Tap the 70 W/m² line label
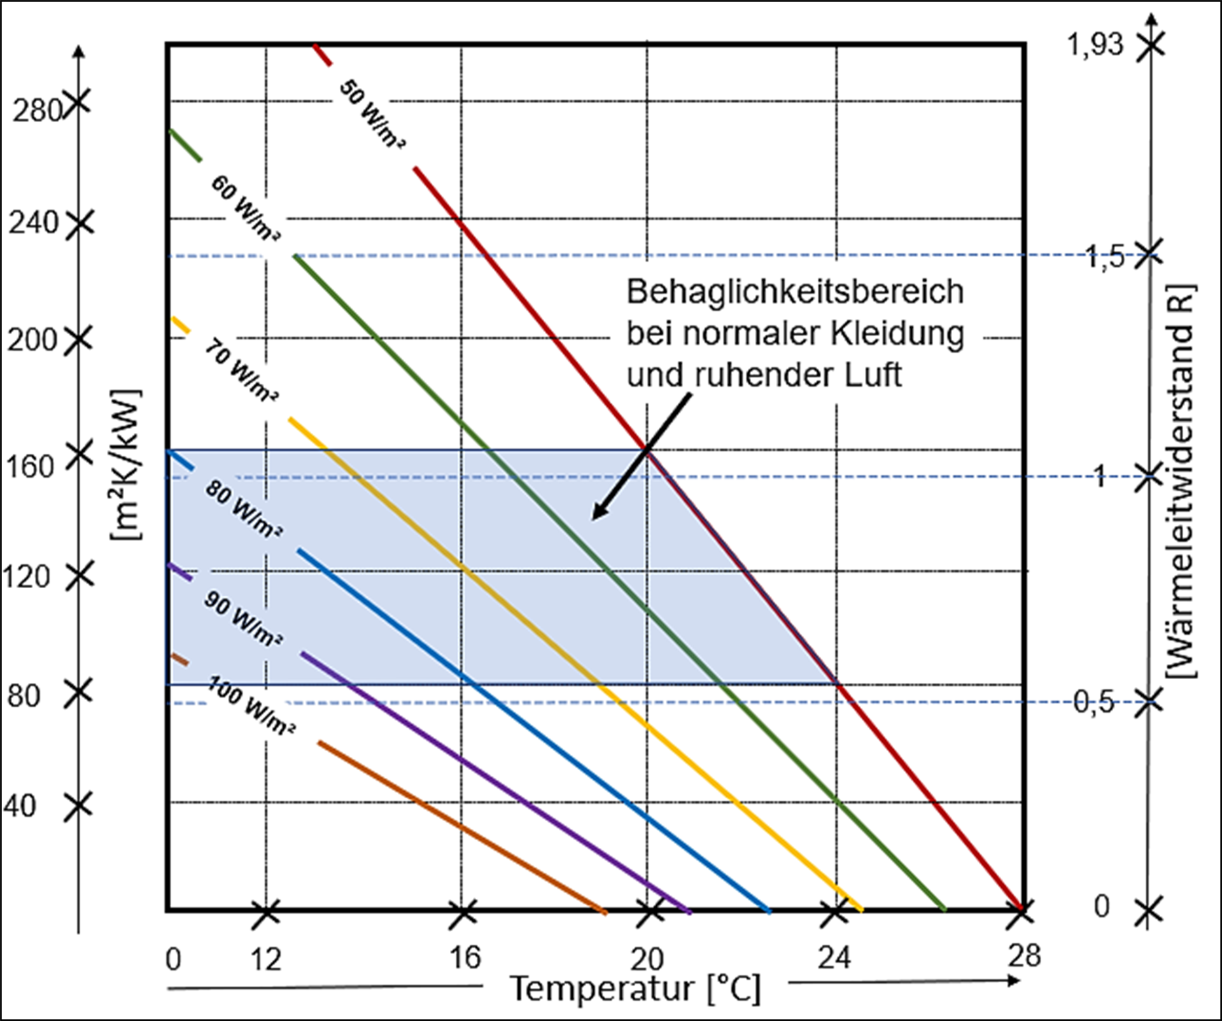[x=241, y=371]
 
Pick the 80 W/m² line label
[x=243, y=509]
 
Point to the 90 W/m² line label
[x=243, y=618]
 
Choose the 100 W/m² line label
[x=251, y=707]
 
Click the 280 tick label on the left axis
[x=37, y=112]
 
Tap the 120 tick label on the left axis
[x=27, y=577]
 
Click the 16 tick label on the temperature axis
[x=465, y=957]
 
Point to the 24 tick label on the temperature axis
[x=834, y=957]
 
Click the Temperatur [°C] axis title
[x=636, y=989]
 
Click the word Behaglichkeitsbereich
[x=795, y=292]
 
